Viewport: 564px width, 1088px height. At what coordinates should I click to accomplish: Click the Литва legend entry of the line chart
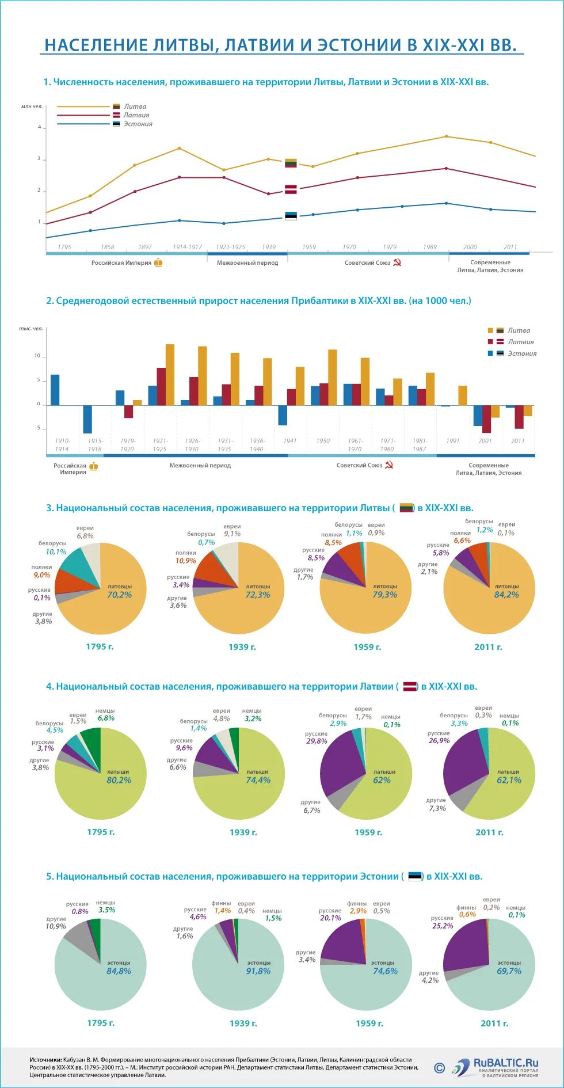[x=135, y=106]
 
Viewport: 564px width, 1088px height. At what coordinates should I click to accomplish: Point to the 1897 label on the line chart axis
[x=145, y=247]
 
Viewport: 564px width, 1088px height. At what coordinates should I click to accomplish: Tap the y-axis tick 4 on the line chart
[x=40, y=127]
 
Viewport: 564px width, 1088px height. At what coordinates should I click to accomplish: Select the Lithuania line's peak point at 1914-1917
[x=179, y=149]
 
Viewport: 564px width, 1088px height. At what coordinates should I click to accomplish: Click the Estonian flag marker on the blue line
[x=291, y=216]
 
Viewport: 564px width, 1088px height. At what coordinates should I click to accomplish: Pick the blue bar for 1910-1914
[x=55, y=390]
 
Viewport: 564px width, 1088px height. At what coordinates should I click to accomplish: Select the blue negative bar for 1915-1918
[x=87, y=419]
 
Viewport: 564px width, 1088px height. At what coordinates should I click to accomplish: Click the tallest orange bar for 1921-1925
[x=170, y=375]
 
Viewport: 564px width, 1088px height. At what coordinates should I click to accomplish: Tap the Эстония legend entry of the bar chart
[x=521, y=353]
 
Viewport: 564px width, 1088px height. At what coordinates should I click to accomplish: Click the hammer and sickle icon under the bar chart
[x=389, y=465]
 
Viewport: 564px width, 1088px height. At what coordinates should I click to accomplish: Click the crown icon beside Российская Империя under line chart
[x=158, y=263]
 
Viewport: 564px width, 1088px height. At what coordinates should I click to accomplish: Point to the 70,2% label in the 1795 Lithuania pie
[x=120, y=595]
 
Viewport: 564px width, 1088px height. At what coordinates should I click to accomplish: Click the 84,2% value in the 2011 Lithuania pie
[x=506, y=595]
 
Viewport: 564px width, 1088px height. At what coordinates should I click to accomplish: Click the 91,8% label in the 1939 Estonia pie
[x=258, y=971]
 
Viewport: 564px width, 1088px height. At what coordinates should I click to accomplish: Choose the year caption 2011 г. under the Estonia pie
[x=494, y=1023]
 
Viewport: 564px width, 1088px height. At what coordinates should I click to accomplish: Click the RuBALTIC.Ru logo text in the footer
[x=506, y=1063]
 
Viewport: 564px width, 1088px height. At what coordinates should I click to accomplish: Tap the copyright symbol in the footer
[x=440, y=1068]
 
